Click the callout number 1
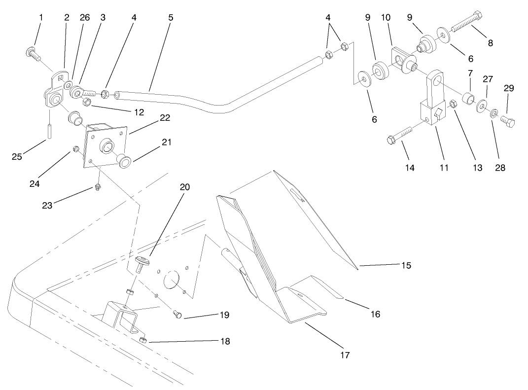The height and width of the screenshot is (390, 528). (41, 17)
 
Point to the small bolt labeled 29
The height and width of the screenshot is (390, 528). (507, 120)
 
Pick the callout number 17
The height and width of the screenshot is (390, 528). (345, 355)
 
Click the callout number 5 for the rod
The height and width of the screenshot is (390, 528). (171, 17)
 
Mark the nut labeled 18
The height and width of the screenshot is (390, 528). (142, 340)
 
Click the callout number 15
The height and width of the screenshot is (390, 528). (405, 265)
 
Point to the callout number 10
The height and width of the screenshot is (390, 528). (386, 17)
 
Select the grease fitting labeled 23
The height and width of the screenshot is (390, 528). (97, 186)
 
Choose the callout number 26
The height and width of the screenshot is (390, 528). (85, 17)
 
